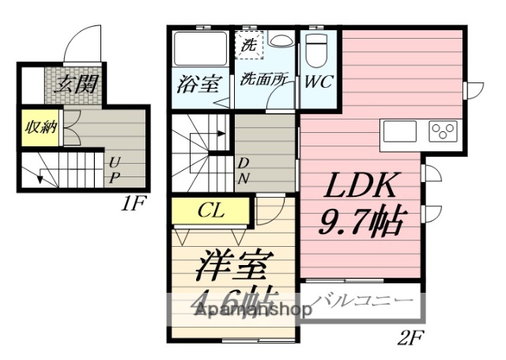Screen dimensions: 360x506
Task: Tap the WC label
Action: click(319, 81)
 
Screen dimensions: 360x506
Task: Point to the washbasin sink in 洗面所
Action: click(280, 40)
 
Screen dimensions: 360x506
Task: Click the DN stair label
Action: click(244, 171)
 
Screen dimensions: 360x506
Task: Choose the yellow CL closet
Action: click(210, 210)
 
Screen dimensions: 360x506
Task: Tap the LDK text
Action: click(358, 187)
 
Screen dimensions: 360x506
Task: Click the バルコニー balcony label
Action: click(364, 302)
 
